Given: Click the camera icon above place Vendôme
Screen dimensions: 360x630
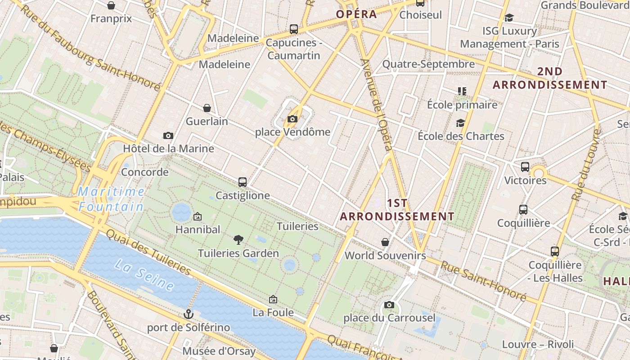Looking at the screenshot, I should pyautogui.click(x=292, y=119).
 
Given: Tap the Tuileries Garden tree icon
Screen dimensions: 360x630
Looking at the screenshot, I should pyautogui.click(x=238, y=240).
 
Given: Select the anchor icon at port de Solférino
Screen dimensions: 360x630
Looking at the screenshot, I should pyautogui.click(x=189, y=314).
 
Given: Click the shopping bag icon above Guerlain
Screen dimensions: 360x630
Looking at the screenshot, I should pyautogui.click(x=207, y=108).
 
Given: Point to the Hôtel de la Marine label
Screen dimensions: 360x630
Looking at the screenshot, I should pyautogui.click(x=168, y=148).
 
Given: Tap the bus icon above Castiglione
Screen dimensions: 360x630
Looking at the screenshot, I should pyautogui.click(x=243, y=182).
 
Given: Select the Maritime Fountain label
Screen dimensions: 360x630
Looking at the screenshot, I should pyautogui.click(x=111, y=199).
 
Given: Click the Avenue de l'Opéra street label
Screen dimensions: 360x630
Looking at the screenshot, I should pyautogui.click(x=377, y=104).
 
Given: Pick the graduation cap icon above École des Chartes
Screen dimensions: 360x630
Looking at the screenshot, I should pyautogui.click(x=460, y=123).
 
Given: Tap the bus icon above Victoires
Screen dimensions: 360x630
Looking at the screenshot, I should pyautogui.click(x=525, y=167).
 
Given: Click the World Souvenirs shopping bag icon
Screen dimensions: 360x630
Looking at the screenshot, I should pyautogui.click(x=385, y=242).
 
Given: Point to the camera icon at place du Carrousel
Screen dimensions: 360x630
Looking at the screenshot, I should pyautogui.click(x=389, y=305).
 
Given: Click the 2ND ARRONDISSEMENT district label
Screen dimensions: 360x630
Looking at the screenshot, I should pyautogui.click(x=550, y=78).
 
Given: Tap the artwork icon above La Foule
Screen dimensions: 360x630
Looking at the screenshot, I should pyautogui.click(x=273, y=299).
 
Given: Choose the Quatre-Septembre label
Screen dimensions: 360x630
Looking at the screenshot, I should pyautogui.click(x=428, y=64).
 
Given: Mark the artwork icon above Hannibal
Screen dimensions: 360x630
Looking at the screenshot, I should pyautogui.click(x=197, y=216).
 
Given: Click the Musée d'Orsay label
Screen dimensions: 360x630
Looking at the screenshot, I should pyautogui.click(x=219, y=351).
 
